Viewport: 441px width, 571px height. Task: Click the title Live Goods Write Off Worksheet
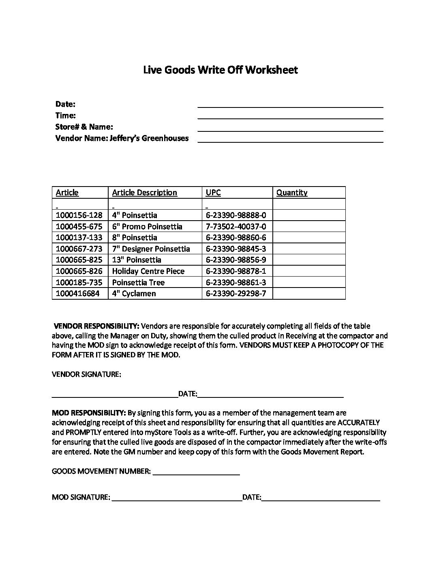point(220,70)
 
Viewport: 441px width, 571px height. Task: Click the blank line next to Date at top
point(290,104)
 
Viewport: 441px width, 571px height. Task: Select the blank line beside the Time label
point(290,116)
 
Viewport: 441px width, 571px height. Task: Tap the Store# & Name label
point(84,127)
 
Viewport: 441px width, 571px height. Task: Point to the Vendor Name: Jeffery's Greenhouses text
point(122,138)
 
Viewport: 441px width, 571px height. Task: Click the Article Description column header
point(144,193)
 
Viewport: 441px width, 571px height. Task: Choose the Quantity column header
point(292,193)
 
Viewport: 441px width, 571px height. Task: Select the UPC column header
point(213,193)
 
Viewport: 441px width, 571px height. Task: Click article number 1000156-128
point(79,215)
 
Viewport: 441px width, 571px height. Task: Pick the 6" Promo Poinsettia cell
point(147,226)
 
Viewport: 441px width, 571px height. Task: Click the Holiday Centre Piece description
point(148,271)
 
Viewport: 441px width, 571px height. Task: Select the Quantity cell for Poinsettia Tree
point(309,282)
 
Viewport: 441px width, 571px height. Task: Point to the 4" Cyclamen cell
point(134,293)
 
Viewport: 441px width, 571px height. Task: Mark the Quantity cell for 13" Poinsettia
point(309,260)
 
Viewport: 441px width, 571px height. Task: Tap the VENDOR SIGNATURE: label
point(86,374)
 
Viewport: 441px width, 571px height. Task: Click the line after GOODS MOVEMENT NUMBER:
point(196,472)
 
